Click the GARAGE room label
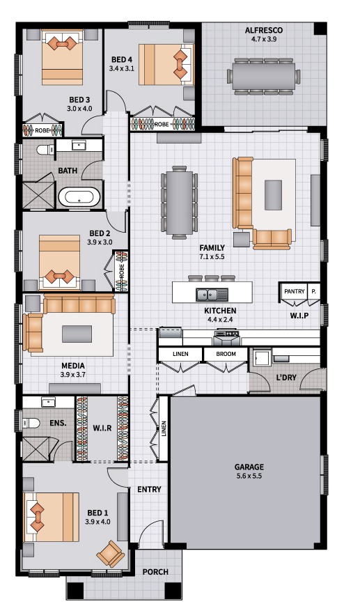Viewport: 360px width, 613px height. (x=249, y=467)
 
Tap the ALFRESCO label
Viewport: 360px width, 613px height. (x=264, y=30)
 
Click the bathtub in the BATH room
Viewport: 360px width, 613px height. (x=80, y=198)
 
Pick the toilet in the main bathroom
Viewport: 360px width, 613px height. (x=47, y=149)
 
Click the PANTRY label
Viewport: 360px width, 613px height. (x=295, y=291)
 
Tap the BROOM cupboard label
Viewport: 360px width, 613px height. (x=226, y=354)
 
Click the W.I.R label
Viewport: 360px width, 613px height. (x=102, y=428)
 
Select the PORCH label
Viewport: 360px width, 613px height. (x=155, y=572)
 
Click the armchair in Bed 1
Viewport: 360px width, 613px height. (x=110, y=554)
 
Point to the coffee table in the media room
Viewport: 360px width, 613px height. (x=77, y=334)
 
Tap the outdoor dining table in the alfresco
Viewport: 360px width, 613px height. (x=263, y=76)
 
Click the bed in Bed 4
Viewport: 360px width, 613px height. (x=166, y=64)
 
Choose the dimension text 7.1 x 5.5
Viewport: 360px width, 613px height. (x=212, y=257)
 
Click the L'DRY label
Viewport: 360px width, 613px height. (x=286, y=378)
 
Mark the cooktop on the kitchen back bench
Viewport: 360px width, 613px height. (x=226, y=334)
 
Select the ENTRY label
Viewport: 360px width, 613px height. (x=149, y=489)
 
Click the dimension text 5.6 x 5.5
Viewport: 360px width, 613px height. (x=249, y=476)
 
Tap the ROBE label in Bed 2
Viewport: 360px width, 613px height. (x=122, y=271)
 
